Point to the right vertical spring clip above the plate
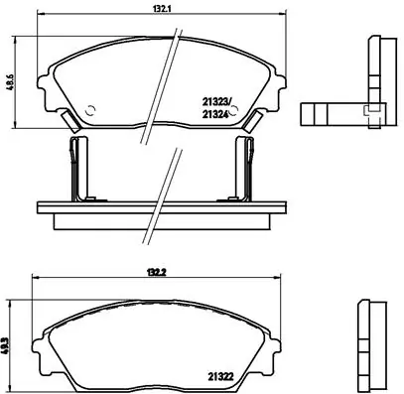point(242,169)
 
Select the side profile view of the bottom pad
point(375,341)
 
